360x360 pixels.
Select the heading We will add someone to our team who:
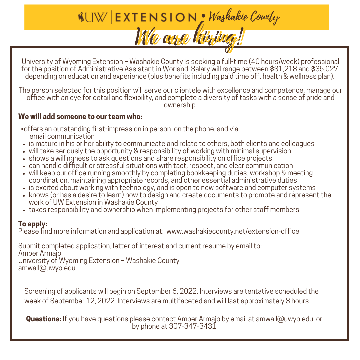[80, 117]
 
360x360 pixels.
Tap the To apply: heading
[33, 224]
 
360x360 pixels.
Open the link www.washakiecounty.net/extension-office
[233, 231]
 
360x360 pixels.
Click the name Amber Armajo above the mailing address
[40, 253]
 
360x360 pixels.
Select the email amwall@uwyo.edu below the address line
[47, 268]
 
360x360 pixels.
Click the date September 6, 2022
[167, 291]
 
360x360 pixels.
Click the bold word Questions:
[44, 319]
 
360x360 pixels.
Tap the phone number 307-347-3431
[193, 326]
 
